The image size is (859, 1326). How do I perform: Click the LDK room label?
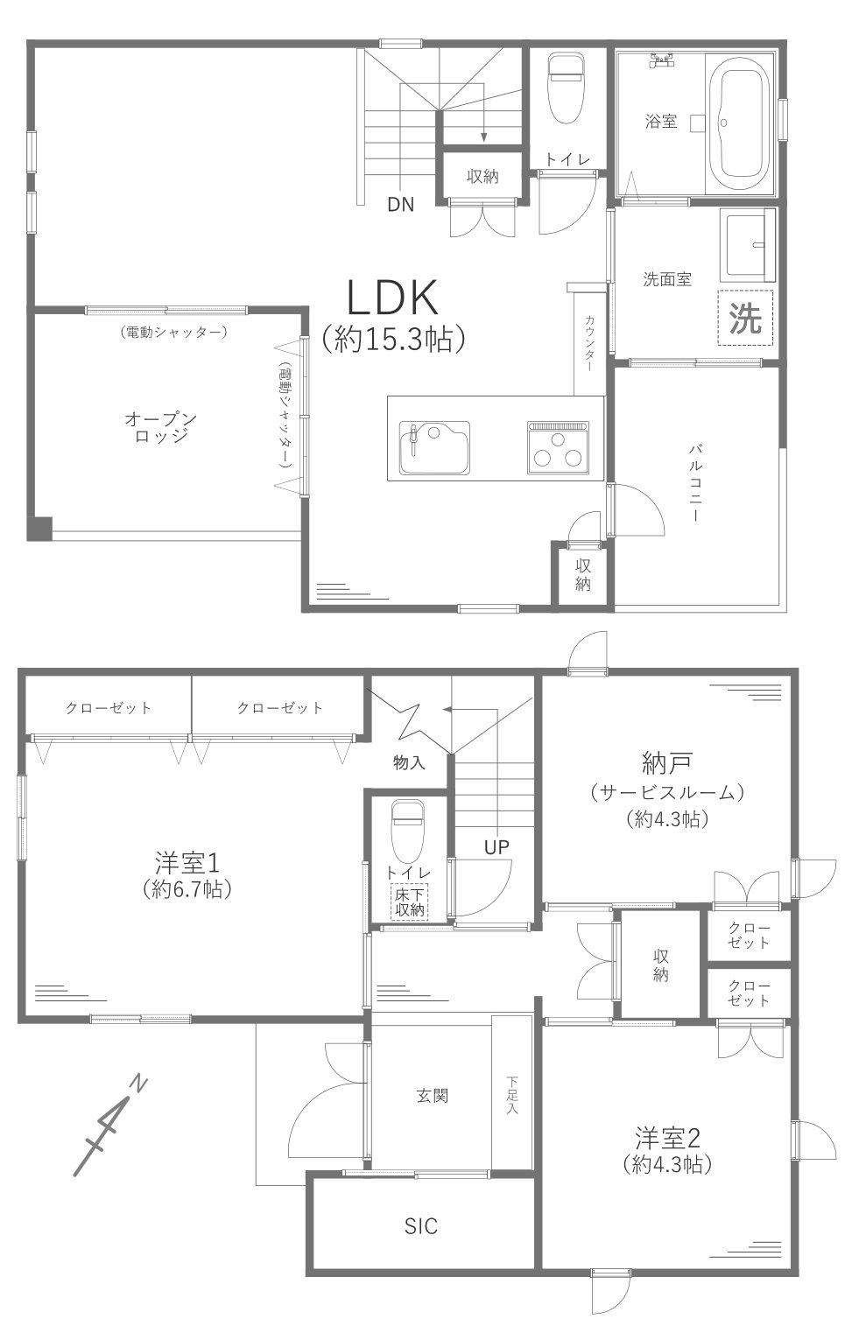click(392, 299)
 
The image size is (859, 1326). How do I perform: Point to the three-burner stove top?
click(558, 448)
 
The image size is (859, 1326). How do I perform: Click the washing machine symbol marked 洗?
click(745, 319)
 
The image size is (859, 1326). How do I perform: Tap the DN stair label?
click(401, 206)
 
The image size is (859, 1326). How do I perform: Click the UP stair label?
click(496, 846)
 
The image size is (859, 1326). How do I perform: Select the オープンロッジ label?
click(160, 428)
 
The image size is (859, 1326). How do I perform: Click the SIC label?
click(420, 1226)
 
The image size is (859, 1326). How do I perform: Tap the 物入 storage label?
click(409, 762)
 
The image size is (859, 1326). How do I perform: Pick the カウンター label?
click(589, 344)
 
